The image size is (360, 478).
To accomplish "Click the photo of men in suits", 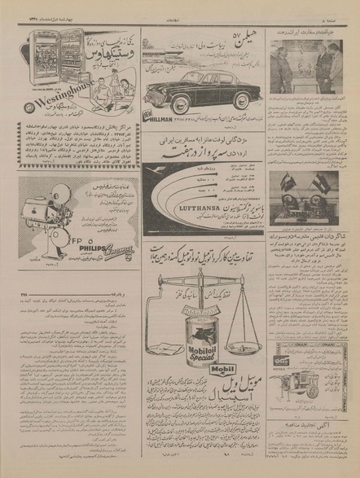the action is pos(314,68).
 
